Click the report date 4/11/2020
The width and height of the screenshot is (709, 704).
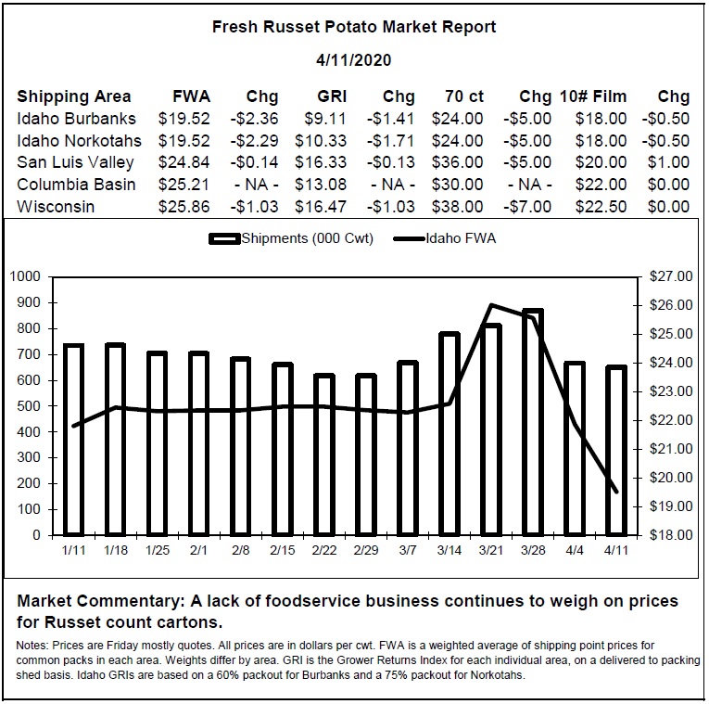[354, 60]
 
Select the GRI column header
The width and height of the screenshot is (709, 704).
[332, 96]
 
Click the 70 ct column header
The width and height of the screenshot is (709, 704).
[464, 96]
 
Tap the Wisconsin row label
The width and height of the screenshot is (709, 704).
[56, 207]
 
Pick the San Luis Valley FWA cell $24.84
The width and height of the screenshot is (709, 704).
[184, 162]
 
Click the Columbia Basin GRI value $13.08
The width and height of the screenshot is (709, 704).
[321, 185]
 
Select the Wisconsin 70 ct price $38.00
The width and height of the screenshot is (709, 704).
[457, 207]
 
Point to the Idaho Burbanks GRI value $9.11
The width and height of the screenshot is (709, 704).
[325, 119]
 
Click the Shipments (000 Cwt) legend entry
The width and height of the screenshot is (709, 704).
[291, 238]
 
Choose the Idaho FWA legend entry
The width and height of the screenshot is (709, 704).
[445, 238]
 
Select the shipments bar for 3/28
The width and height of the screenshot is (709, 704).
[533, 423]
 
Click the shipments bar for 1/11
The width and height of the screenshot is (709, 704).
[73, 440]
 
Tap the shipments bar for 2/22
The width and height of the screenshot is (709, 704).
[324, 454]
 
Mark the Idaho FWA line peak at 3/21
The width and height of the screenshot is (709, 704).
[491, 305]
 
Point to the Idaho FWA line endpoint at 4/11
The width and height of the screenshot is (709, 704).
[615, 492]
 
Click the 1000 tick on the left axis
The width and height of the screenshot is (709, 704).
[25, 276]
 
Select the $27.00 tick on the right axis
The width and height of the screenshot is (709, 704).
[671, 276]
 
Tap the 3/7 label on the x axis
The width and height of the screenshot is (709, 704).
[408, 550]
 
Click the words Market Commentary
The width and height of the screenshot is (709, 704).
[101, 601]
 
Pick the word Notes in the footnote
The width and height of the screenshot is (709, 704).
[32, 646]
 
